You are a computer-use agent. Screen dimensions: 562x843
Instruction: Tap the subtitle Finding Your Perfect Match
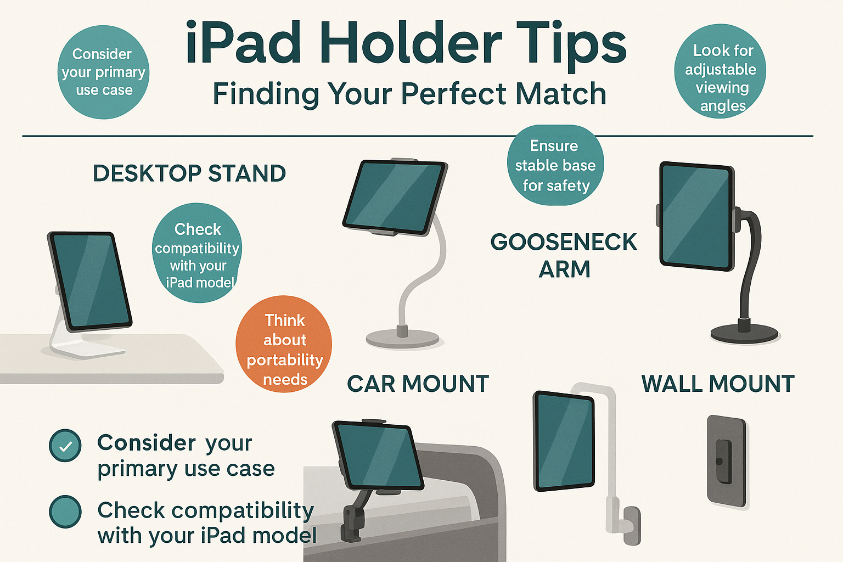click(409, 94)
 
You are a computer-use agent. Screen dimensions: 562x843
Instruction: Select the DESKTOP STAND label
click(189, 173)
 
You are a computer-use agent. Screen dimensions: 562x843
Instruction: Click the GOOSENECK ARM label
click(564, 256)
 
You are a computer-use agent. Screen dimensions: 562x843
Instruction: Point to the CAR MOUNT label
click(418, 384)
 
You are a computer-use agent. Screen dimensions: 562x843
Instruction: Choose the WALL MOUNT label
click(718, 384)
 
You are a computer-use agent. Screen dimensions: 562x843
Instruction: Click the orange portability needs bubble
click(284, 345)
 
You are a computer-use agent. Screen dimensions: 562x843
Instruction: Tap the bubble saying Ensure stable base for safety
click(555, 165)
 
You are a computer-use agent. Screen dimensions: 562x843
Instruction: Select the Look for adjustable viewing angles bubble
click(720, 72)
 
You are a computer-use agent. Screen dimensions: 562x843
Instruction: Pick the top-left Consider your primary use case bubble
click(103, 72)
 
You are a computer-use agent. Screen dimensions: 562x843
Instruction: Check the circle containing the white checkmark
click(65, 446)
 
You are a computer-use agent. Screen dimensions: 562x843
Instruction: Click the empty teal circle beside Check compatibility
click(65, 512)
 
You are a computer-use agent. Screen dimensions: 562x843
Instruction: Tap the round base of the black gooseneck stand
click(744, 333)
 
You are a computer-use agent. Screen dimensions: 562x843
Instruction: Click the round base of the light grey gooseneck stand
click(403, 338)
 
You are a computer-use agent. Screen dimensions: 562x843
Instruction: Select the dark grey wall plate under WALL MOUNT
click(726, 461)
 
